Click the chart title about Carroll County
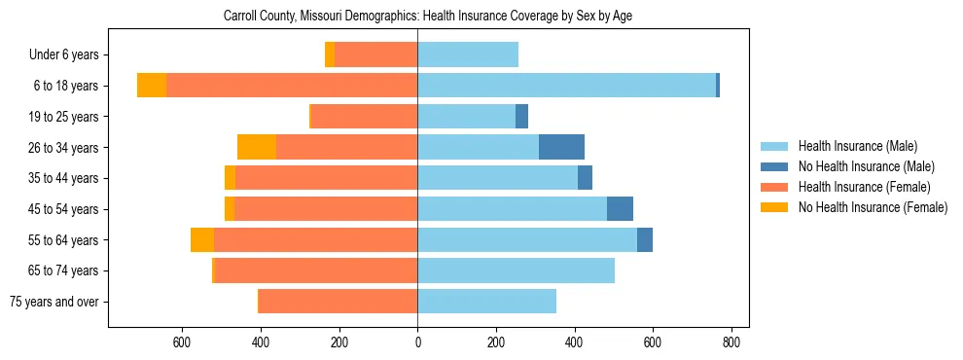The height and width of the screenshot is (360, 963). point(428,17)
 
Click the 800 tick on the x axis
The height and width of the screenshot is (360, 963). point(731,342)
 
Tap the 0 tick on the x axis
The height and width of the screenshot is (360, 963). point(417,342)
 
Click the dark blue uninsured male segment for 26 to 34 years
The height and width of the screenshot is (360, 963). point(561,147)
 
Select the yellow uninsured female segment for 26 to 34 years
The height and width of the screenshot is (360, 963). point(257,147)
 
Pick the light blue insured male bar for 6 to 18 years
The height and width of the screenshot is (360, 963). point(566,86)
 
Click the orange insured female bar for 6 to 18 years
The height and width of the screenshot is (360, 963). point(292,86)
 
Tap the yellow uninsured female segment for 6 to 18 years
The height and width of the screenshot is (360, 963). point(152,86)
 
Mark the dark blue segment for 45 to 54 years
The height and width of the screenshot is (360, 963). point(620,209)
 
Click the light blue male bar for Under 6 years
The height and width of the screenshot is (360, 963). point(468,54)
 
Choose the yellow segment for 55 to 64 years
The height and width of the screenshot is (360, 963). point(202,239)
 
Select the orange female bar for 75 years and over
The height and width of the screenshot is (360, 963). point(338,302)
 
